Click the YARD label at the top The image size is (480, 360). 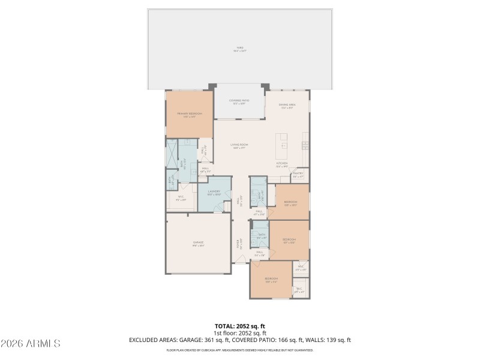pyautogui.click(x=239, y=49)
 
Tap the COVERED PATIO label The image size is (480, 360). pyautogui.click(x=239, y=102)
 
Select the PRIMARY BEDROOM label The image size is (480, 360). pyautogui.click(x=189, y=115)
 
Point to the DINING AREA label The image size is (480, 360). pyautogui.click(x=287, y=106)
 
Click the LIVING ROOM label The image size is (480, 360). pyautogui.click(x=240, y=146)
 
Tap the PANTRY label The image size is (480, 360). pyautogui.click(x=298, y=175)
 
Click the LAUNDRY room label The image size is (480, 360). pyautogui.click(x=215, y=193)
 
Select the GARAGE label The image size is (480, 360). pyautogui.click(x=198, y=244)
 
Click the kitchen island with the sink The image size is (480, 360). pyautogui.click(x=283, y=145)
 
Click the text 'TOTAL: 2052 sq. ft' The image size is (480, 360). pyautogui.click(x=239, y=326)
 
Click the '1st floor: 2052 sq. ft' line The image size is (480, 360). pyautogui.click(x=239, y=332)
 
